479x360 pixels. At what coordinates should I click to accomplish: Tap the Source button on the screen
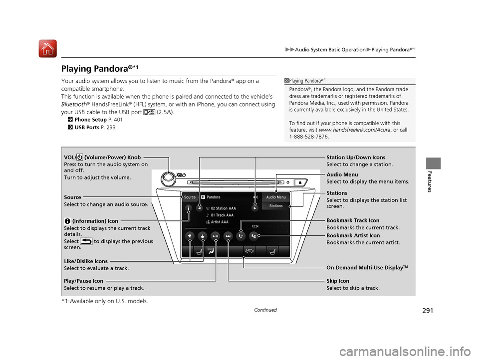190,197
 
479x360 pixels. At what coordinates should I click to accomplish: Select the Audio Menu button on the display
276,197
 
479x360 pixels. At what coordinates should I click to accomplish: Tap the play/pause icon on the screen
215,236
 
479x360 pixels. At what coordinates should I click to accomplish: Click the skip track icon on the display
228,236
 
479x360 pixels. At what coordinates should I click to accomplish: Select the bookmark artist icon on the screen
254,236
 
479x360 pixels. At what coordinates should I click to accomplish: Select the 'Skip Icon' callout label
338,281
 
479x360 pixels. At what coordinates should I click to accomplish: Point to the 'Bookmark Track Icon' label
353,220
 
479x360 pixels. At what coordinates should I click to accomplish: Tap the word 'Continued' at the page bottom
265,310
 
